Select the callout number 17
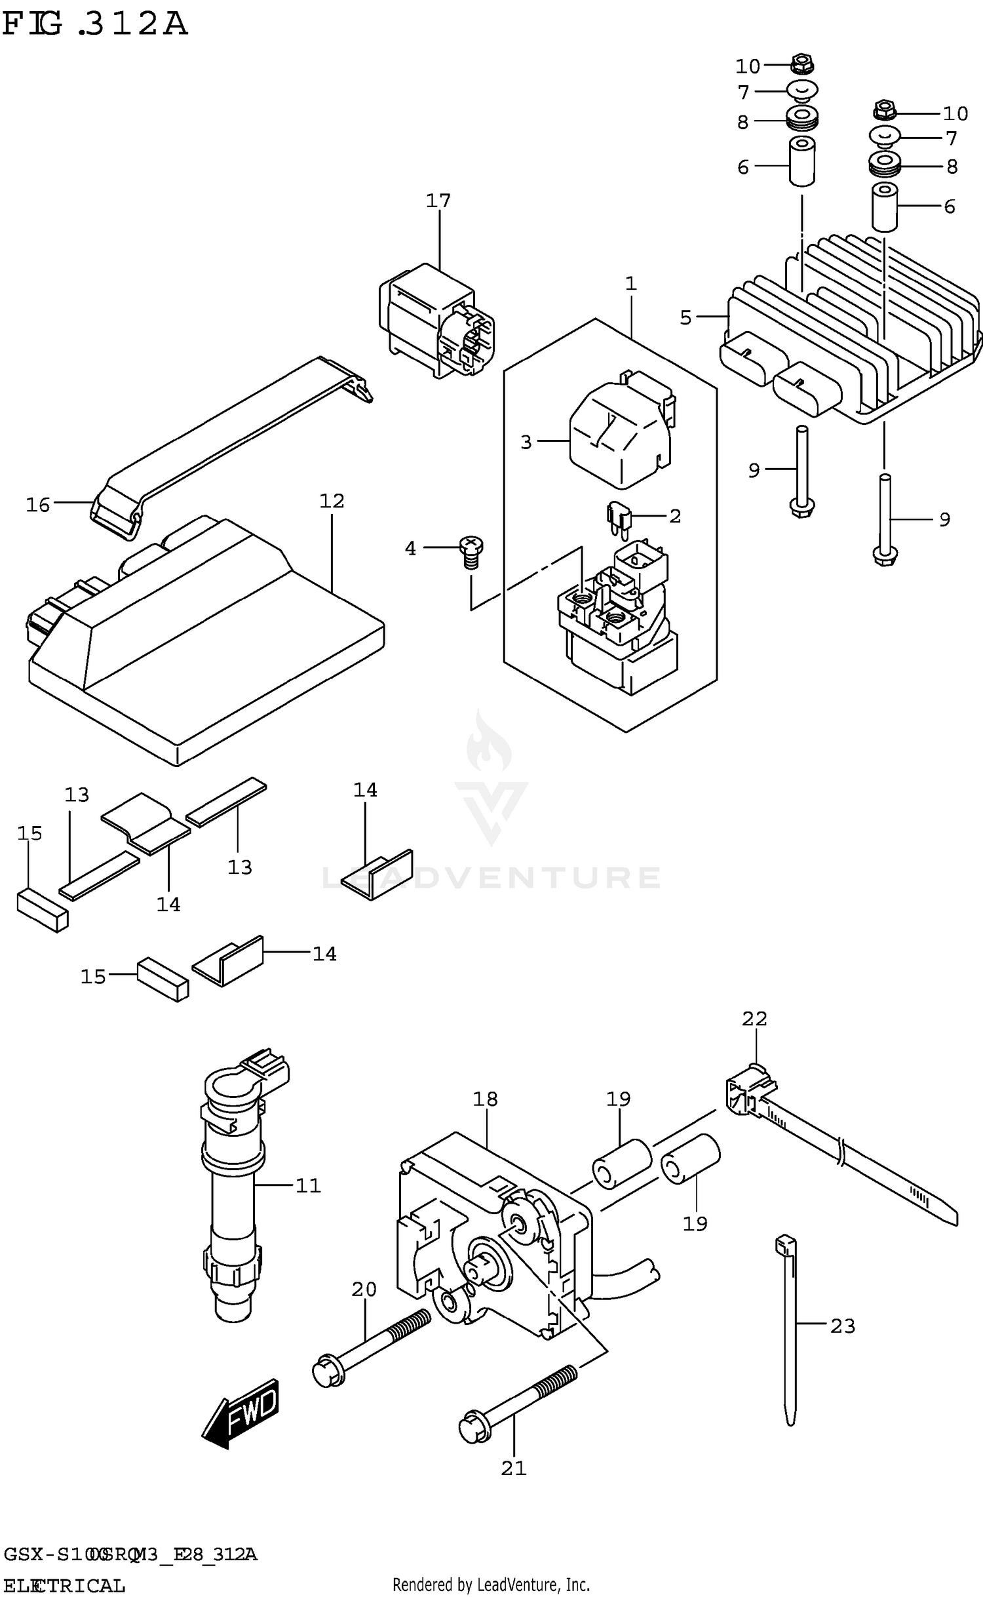[438, 201]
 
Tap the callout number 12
[332, 501]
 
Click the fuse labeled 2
[617, 517]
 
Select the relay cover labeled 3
[619, 436]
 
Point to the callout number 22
[754, 1018]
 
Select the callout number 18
[486, 1099]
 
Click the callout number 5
[685, 317]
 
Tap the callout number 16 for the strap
[38, 505]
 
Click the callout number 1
[630, 284]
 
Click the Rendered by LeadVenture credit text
[491, 1585]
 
